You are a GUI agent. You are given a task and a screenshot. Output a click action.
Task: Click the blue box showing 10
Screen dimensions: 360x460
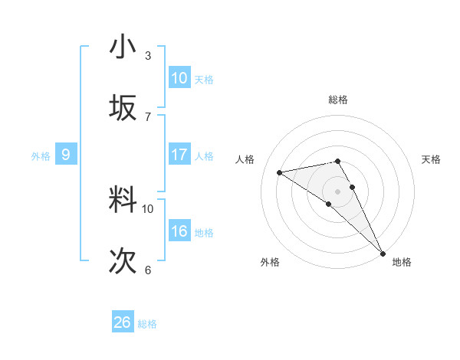pos(179,78)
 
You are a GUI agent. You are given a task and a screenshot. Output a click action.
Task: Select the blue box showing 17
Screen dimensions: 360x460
pos(179,155)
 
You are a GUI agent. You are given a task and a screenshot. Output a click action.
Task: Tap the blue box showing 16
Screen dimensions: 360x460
pos(179,231)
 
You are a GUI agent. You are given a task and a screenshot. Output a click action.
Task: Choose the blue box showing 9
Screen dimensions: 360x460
pos(66,155)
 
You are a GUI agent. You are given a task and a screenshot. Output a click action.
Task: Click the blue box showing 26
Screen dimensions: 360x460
pos(123,322)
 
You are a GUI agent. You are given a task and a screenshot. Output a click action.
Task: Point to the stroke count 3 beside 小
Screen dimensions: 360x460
pos(148,56)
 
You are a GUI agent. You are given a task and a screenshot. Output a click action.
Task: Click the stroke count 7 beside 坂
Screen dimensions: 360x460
pos(148,117)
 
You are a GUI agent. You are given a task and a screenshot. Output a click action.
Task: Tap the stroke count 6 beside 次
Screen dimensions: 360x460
pos(148,270)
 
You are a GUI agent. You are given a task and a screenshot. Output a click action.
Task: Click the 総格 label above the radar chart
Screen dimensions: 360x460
pos(338,100)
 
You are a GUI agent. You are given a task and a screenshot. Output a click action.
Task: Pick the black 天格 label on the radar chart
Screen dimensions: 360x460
pos(432,159)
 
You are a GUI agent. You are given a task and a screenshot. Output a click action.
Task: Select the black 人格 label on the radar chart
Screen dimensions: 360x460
pos(245,159)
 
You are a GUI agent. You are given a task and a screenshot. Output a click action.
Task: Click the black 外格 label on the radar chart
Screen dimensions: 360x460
pos(270,262)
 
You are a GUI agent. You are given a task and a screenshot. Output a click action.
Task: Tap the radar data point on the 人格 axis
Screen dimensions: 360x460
pos(280,172)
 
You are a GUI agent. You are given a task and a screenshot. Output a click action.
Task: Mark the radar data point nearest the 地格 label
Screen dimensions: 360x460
pos(383,253)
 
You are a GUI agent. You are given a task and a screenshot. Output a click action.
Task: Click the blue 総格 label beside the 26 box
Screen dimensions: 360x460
pos(147,324)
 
